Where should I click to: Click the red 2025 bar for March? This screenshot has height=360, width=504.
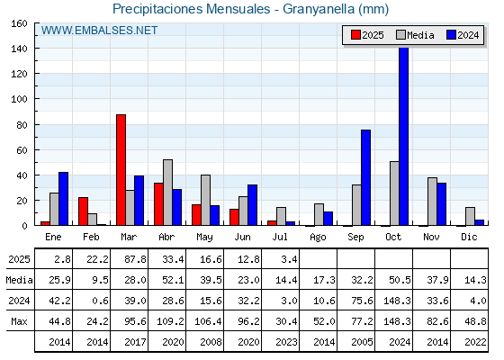coord(121,170)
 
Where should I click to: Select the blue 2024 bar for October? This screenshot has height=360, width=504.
coord(404,137)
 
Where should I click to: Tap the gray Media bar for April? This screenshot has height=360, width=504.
coord(167,193)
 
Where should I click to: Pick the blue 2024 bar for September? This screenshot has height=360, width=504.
coord(365,177)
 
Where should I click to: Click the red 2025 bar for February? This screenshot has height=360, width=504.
coord(83,211)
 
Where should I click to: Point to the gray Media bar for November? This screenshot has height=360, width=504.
coord(432,202)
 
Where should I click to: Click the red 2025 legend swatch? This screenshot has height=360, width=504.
coord(355,35)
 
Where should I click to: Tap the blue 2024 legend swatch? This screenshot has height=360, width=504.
coord(451,35)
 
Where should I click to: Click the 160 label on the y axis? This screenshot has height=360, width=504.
coord(19,23)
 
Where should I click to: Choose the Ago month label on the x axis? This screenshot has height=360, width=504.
coord(318,238)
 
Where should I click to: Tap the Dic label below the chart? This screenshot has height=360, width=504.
coord(469,237)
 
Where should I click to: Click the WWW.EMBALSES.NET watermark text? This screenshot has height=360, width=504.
coord(99,31)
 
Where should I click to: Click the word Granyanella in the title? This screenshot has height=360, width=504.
coord(319,9)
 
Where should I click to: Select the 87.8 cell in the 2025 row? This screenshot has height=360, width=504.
coord(135,259)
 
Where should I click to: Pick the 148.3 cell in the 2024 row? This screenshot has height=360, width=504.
coord(397,301)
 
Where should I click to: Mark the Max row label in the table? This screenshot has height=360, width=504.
coord(19,321)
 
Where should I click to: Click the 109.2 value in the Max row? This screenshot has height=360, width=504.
coord(170,321)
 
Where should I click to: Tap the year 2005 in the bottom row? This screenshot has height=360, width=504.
coord(362,342)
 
